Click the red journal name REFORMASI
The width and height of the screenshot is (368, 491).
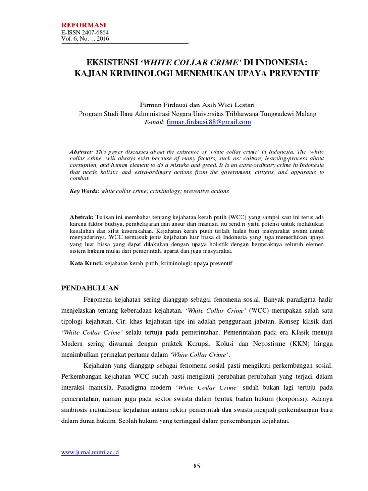pos(83,25)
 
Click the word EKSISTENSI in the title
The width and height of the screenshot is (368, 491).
pos(112,63)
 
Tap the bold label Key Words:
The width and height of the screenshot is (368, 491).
pos(84,191)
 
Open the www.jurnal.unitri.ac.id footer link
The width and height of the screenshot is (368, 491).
pos(90,452)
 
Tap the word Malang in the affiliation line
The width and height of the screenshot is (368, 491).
pos(306,114)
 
